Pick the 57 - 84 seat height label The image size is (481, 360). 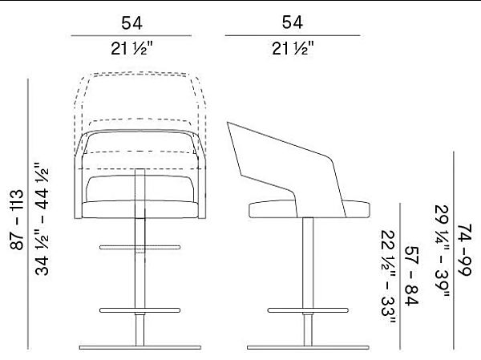[412, 277]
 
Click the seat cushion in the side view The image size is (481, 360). [309, 209]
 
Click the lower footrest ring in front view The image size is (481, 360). [140, 309]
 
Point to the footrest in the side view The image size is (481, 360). [309, 309]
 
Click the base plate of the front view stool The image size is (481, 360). [140, 348]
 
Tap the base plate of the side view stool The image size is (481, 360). [309, 348]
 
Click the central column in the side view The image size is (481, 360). [309, 265]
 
